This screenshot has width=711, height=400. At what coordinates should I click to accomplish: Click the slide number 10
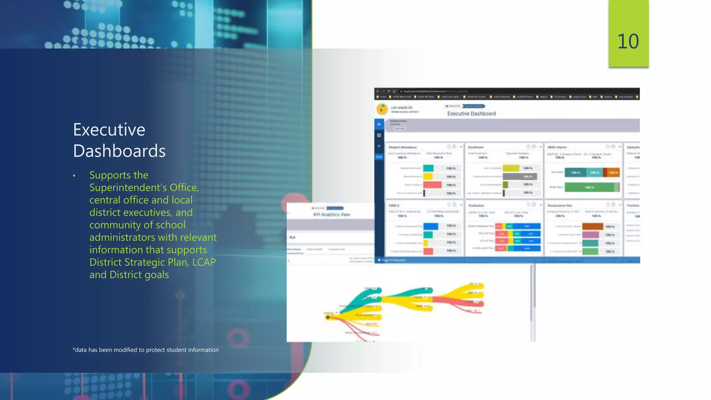click(628, 42)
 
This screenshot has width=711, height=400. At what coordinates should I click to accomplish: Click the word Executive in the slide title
click(109, 130)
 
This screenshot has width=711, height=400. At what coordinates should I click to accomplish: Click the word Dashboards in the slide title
click(119, 151)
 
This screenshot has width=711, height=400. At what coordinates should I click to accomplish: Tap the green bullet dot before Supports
click(74, 176)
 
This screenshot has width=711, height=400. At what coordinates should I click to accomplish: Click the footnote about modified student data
click(145, 350)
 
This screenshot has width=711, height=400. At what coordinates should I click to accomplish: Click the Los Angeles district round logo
click(382, 109)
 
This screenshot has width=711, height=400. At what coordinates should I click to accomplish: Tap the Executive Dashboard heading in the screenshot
click(471, 114)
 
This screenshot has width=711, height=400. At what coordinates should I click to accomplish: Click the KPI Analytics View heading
click(332, 215)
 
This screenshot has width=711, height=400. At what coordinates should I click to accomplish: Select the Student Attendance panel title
click(402, 147)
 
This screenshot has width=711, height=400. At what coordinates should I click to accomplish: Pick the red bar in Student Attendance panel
click(432, 185)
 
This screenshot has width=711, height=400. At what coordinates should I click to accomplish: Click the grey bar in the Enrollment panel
click(520, 176)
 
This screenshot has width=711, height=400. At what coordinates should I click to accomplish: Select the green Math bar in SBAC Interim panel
click(589, 187)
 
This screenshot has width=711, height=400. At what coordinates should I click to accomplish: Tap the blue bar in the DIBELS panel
click(430, 226)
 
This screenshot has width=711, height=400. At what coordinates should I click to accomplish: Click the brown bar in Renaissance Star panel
click(593, 226)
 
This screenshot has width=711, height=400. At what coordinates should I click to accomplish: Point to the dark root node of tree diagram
click(327, 317)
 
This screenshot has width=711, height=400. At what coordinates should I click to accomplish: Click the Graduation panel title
click(476, 206)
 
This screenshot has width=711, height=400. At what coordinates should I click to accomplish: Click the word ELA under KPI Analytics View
click(292, 237)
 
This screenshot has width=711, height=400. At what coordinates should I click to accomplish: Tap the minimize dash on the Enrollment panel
click(540, 147)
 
